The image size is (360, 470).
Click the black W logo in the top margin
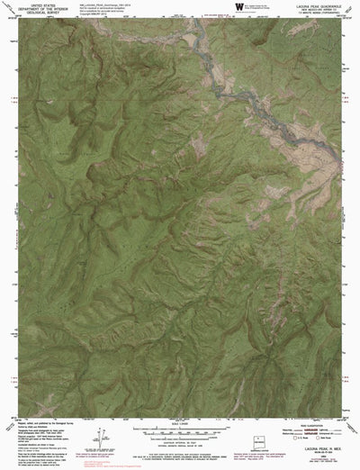coord(238,6)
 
